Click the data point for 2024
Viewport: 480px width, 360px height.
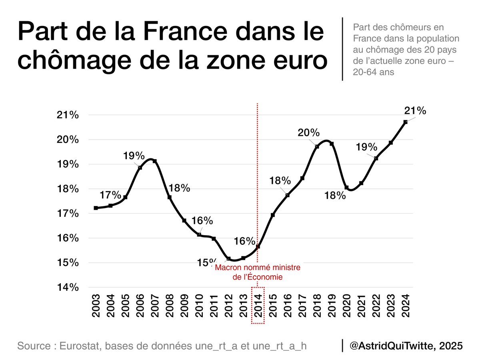tap(406, 122)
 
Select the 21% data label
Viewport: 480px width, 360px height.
tap(415, 111)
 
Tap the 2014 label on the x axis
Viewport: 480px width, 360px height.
tap(258, 306)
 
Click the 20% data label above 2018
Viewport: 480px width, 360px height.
tap(308, 133)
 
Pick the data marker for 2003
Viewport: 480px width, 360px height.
tap(96, 208)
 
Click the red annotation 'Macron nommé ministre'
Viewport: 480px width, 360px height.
tap(257, 267)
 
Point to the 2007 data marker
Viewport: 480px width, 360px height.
tap(155, 161)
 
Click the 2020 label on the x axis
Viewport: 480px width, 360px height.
tap(347, 306)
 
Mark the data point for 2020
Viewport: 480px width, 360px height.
tap(347, 187)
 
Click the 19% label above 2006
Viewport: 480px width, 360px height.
tap(133, 156)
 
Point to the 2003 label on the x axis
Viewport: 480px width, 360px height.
tap(96, 306)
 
